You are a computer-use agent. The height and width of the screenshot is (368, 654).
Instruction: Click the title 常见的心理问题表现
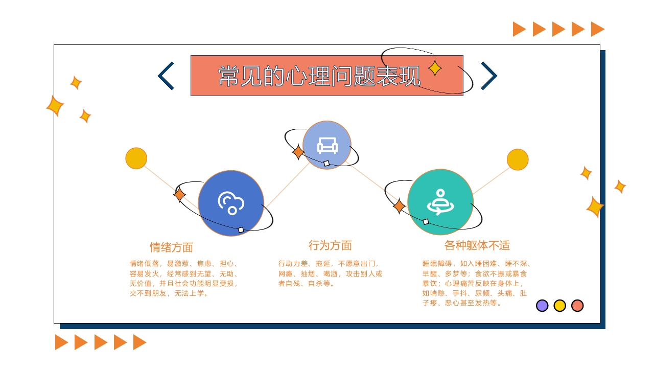319,76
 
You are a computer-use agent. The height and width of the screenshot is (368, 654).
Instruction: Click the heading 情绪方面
171,247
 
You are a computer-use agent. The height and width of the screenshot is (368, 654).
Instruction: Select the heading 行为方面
330,245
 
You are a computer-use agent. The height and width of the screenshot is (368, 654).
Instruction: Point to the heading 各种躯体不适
477,245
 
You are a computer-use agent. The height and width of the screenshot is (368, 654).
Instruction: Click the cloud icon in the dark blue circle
231,203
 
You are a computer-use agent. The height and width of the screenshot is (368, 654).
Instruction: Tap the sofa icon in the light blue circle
328,146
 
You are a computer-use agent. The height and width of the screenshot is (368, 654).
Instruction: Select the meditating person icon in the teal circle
440,202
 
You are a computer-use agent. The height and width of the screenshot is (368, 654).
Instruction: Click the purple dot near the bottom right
542,306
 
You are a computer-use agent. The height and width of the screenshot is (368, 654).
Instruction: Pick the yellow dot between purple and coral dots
559,306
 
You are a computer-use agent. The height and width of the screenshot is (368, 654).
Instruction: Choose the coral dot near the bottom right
577,306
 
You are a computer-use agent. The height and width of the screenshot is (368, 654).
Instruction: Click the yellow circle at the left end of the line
136,158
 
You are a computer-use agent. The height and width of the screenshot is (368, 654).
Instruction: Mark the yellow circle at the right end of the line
518,159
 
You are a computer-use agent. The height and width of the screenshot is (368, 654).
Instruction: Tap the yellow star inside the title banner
435,68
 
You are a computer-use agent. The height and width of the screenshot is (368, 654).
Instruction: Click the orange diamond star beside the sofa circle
298,152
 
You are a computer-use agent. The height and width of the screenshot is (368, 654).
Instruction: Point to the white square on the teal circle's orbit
426,222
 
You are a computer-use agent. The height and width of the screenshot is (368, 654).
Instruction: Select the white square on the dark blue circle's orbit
241,230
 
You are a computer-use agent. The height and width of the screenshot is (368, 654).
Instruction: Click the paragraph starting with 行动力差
330,273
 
